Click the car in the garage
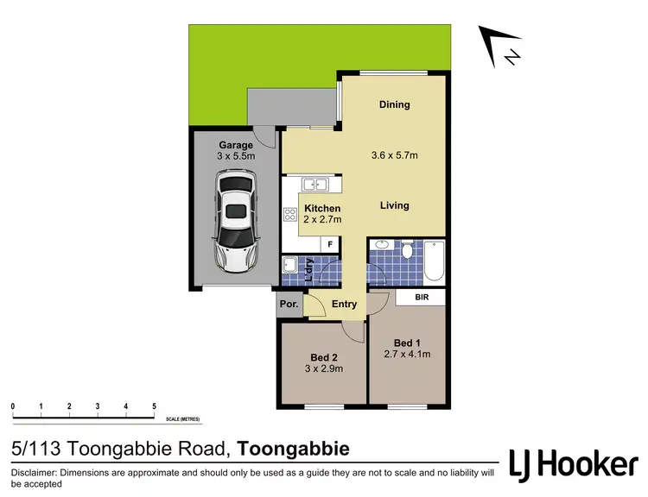click(x=237, y=220)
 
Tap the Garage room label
click(x=235, y=145)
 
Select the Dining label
click(x=394, y=104)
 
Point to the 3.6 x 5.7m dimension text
click(x=394, y=156)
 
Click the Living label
click(x=394, y=205)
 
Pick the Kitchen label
click(x=321, y=209)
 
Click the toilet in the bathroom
click(x=407, y=252)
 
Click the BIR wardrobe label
click(x=421, y=297)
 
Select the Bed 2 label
click(x=322, y=358)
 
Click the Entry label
click(x=344, y=304)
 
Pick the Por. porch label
click(x=288, y=305)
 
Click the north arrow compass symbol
click(x=503, y=47)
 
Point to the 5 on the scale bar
click(x=154, y=406)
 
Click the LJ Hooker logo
click(x=573, y=464)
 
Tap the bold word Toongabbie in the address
click(x=294, y=449)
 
